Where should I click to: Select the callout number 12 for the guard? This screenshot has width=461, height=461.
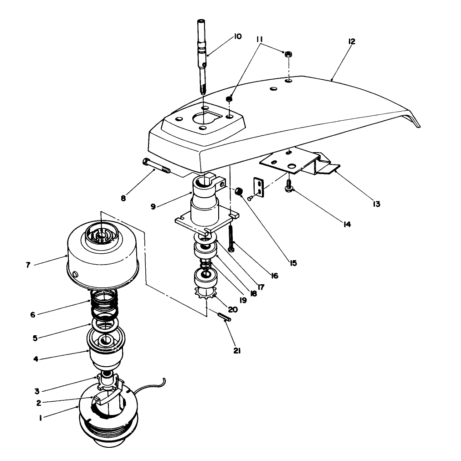[351, 41]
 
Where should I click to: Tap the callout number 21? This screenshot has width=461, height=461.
[237, 350]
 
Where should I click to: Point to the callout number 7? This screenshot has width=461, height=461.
[28, 265]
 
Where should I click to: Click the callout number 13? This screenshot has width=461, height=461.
[376, 204]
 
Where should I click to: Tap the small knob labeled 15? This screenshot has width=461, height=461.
[238, 191]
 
